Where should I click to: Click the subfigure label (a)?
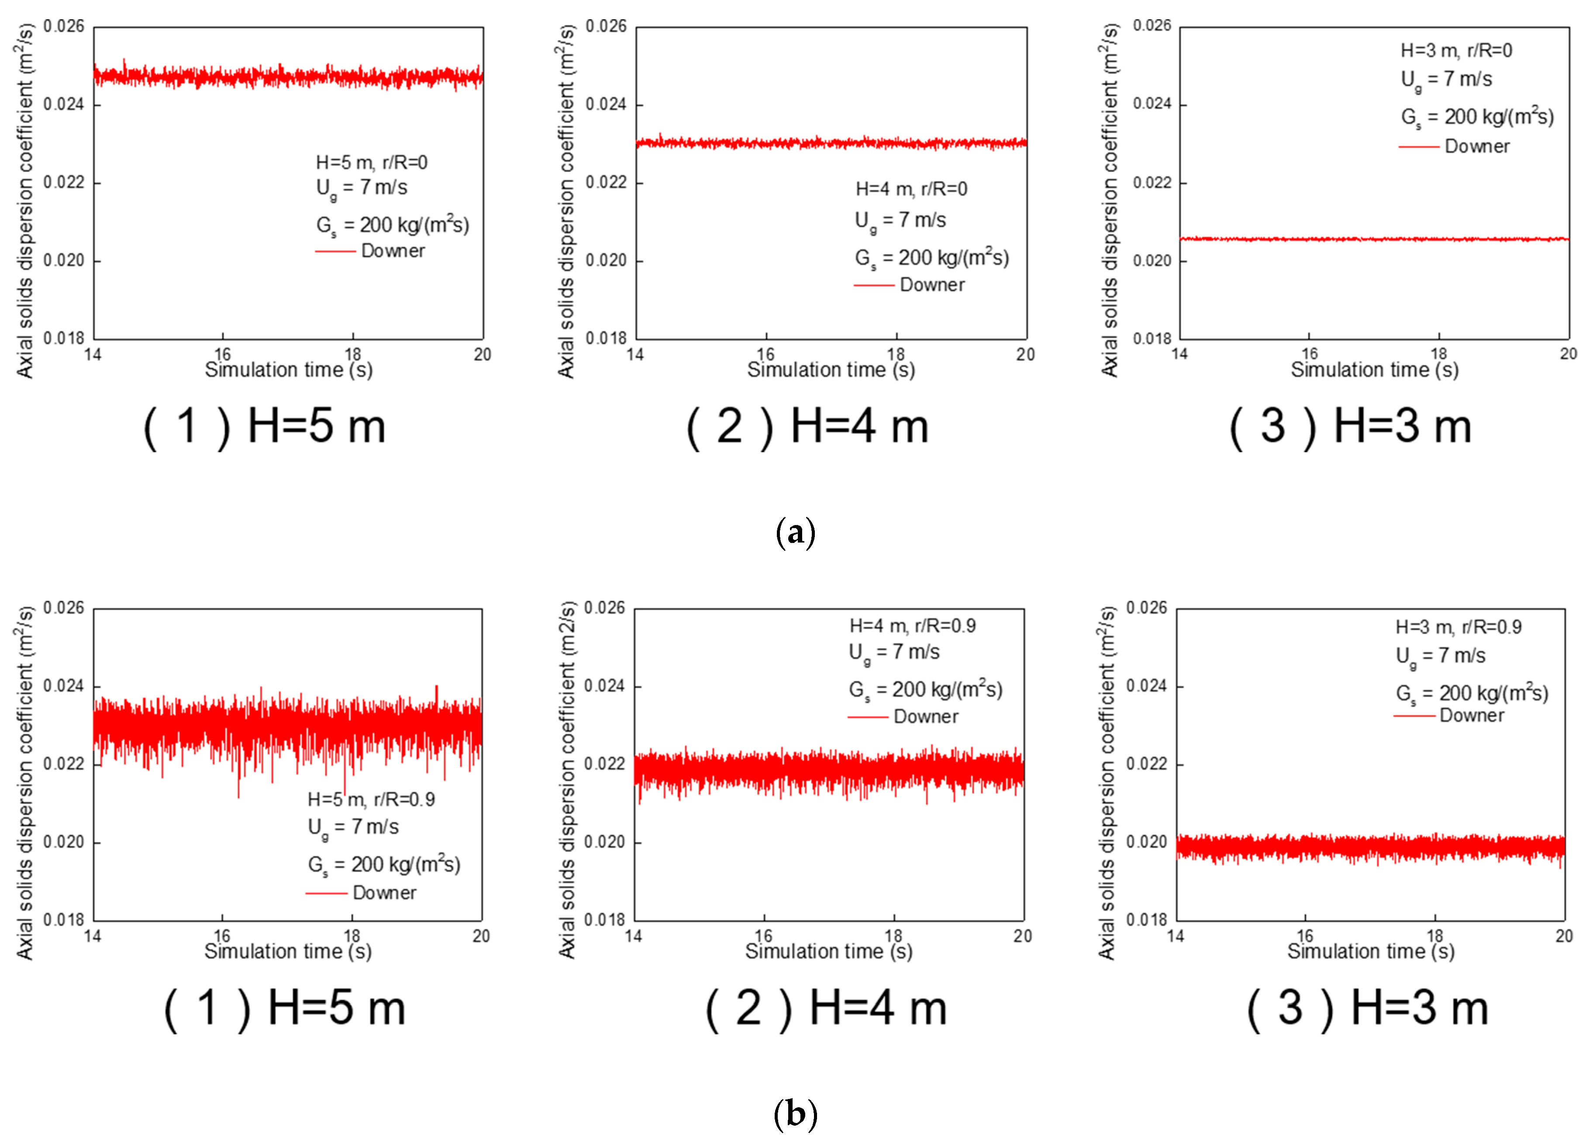[x=795, y=533]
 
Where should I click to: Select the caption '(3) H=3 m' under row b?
[x=1368, y=1009]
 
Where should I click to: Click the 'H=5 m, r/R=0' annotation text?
[x=372, y=163]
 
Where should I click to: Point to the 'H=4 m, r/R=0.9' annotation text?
[x=912, y=625]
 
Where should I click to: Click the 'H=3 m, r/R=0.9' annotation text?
[x=1458, y=627]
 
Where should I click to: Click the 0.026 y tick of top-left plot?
[x=64, y=27]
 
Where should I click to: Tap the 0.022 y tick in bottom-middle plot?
[x=605, y=764]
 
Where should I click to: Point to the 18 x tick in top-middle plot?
[x=896, y=354]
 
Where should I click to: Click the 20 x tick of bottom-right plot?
[x=1563, y=936]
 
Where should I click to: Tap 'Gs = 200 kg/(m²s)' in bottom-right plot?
[x=1472, y=694]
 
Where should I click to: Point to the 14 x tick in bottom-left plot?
[x=93, y=936]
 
